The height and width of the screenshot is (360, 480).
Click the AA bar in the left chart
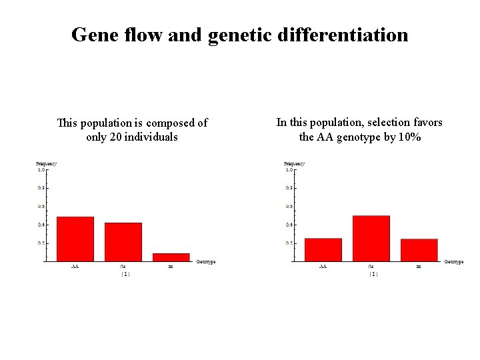click(75, 239)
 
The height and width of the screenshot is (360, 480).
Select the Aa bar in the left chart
click(123, 241)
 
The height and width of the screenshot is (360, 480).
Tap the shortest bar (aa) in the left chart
click(171, 257)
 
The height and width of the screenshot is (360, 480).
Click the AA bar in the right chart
click(323, 249)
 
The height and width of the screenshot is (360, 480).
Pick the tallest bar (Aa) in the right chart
click(371, 238)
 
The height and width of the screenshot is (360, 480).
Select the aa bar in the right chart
click(419, 249)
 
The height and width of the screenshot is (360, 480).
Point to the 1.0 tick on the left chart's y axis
click(41, 169)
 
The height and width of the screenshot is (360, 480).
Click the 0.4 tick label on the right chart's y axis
click(289, 225)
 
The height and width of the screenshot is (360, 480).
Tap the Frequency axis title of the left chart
click(46, 163)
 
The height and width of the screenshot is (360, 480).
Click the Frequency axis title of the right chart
click(294, 163)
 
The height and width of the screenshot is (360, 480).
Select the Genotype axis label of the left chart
click(206, 262)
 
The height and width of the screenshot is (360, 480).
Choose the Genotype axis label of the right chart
click(454, 262)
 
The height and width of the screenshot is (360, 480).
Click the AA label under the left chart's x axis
click(75, 267)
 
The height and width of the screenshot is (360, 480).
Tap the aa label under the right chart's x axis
click(419, 267)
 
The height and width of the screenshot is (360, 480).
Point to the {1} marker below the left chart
click(125, 274)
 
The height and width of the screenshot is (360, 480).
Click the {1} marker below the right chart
click(373, 274)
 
